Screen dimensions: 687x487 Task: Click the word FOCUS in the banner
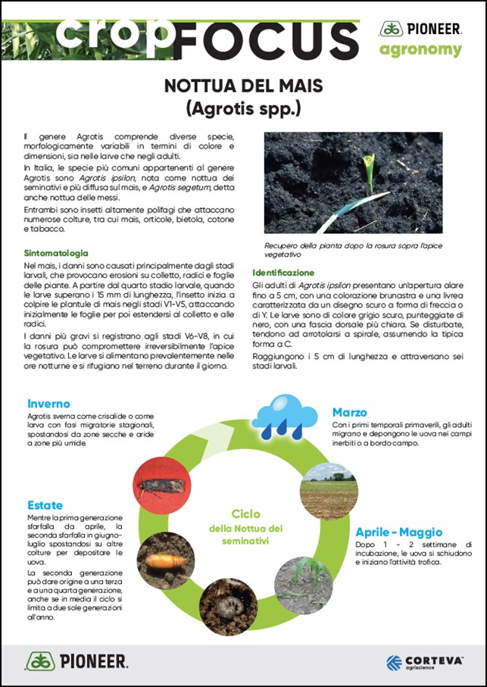[x=265, y=38]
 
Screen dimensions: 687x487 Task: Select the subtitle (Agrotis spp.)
[x=244, y=108]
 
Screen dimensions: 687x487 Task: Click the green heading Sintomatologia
[x=56, y=252]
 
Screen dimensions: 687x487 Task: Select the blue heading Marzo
[x=349, y=413]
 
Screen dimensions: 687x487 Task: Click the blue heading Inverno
[x=48, y=404]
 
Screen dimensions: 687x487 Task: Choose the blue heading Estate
[x=45, y=504]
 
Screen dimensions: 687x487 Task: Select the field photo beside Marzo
[x=329, y=491]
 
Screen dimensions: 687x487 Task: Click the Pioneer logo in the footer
[x=76, y=661]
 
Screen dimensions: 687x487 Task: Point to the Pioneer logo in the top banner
[x=420, y=29]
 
